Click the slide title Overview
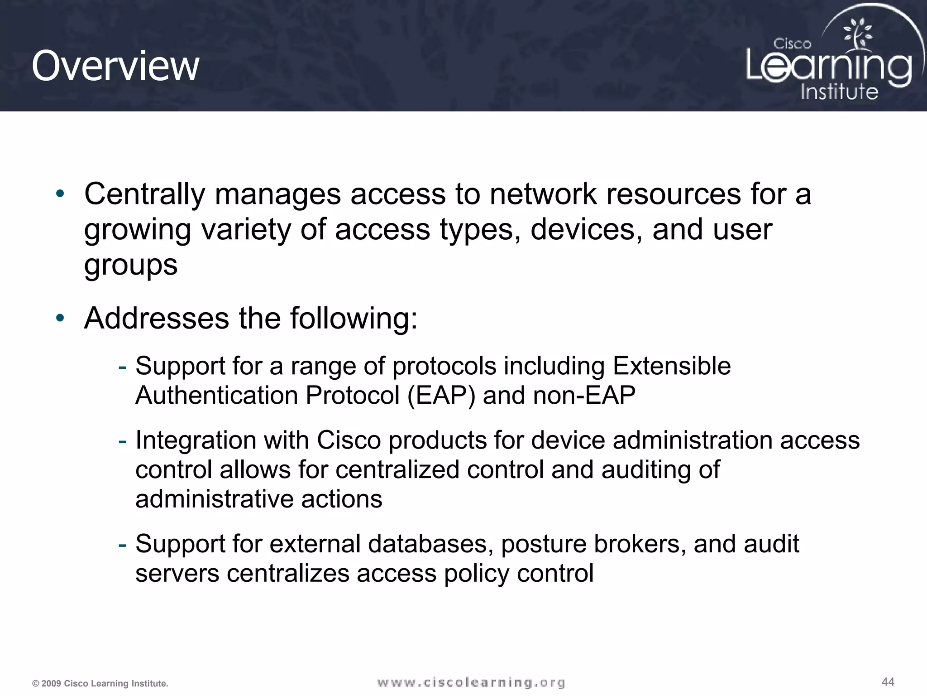[115, 66]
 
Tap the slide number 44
[888, 682]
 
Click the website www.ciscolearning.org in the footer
[471, 682]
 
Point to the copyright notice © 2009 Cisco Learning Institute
[100, 683]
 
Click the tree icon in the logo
[857, 34]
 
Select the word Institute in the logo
[839, 92]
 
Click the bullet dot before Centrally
[60, 194]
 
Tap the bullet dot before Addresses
[60, 318]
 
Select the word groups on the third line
[131, 266]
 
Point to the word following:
[354, 319]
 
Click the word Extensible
[671, 366]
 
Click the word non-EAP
[584, 396]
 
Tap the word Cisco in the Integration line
[349, 440]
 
